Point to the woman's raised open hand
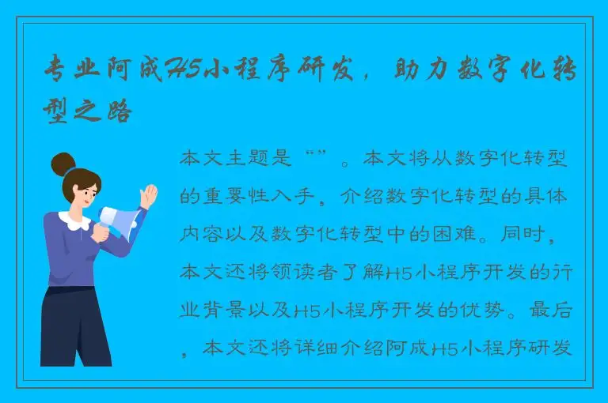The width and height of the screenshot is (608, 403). pos(147,195)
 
